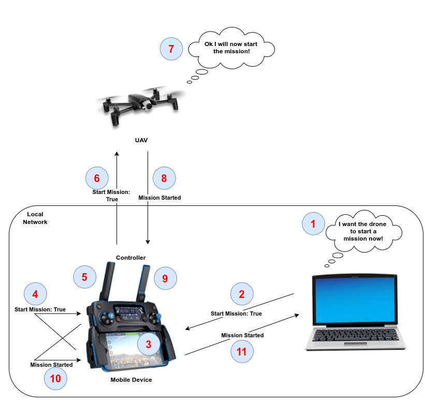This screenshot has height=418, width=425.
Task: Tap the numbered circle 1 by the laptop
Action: coord(313,223)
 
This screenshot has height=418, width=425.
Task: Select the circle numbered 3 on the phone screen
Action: coord(149,344)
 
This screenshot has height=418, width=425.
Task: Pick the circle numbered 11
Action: coord(242,352)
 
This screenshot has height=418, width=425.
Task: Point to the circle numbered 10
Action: coord(55,378)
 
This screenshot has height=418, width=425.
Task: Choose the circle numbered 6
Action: coord(96,178)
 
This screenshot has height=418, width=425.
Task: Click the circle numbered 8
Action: coord(164,178)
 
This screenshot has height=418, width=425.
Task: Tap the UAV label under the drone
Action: coord(141,140)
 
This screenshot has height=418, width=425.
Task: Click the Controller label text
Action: coord(130,258)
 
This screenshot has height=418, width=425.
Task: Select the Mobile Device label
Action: coord(131,380)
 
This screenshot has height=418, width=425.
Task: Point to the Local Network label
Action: coord(35,218)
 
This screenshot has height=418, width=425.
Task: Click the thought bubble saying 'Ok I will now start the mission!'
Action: coord(231,48)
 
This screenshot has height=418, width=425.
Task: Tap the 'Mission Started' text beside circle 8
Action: coord(159,198)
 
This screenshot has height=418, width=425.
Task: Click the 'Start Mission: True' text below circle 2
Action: coord(236,313)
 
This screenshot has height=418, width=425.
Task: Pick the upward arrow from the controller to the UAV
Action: coord(117,197)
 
